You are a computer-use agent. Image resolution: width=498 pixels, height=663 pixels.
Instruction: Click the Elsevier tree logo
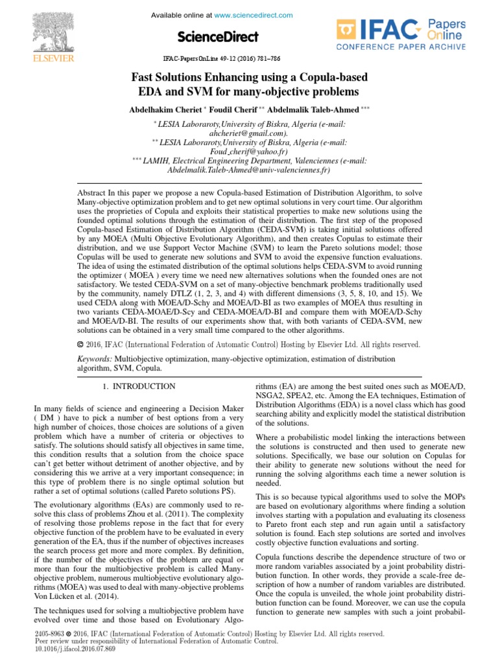tap(43, 33)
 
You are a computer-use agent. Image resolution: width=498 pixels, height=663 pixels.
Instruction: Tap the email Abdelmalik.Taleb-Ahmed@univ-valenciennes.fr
tap(248, 170)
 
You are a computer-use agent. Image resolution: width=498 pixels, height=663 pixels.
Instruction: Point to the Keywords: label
tap(95, 359)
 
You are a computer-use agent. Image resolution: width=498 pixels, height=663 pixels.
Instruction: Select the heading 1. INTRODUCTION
tap(139, 387)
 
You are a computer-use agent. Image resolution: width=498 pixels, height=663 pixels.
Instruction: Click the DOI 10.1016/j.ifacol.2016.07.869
tap(73, 647)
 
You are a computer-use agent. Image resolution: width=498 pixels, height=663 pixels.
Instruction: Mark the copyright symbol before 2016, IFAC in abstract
tap(80, 344)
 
